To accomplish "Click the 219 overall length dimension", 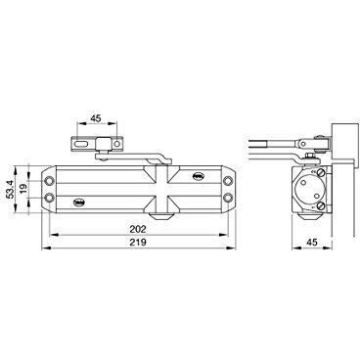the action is [x=138, y=242].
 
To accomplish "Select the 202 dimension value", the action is [x=138, y=229].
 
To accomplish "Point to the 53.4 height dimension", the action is [x=11, y=190].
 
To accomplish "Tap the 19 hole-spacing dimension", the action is [x=23, y=190].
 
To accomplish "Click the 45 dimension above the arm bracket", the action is [x=96, y=118].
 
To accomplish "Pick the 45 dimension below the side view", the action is [x=312, y=243].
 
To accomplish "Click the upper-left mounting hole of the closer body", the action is [x=49, y=180].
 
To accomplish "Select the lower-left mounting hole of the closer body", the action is [x=49, y=198].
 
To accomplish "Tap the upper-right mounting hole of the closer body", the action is [x=228, y=180].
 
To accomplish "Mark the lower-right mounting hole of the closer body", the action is [x=228, y=198].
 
